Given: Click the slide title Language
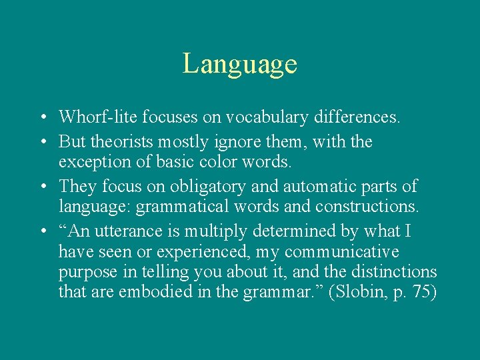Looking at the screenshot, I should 240,64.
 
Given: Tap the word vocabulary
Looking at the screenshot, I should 257,118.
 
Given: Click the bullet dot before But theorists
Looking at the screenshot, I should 42,142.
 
